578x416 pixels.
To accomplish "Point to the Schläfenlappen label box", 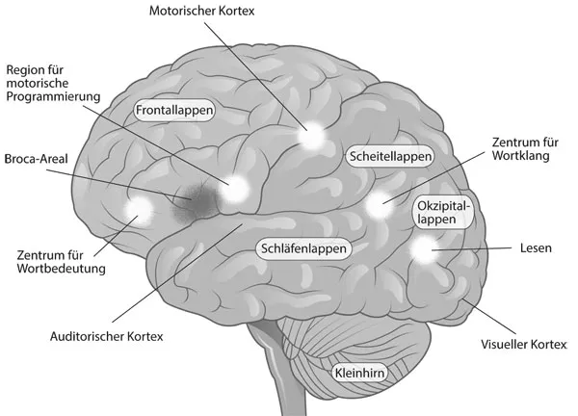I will [x=302, y=247].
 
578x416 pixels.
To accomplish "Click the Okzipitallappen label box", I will [x=444, y=213].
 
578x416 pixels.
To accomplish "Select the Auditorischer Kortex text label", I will [x=107, y=337].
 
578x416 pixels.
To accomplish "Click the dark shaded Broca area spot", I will [x=197, y=197].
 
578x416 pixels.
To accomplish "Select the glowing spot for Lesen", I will [x=425, y=251].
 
